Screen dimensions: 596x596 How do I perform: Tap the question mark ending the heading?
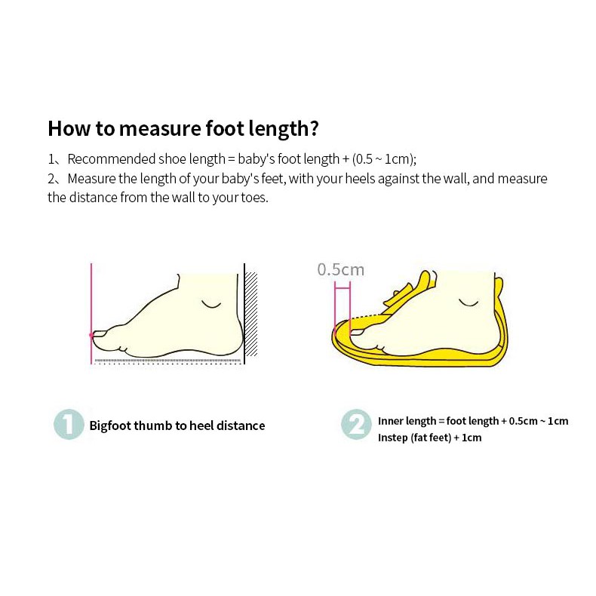coord(314,127)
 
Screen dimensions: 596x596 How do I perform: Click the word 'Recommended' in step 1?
coord(112,159)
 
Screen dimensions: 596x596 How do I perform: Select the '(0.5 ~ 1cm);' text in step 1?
coord(384,159)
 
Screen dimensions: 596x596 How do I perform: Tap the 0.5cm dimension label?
coord(340,269)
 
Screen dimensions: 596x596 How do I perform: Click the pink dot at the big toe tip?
coord(91,335)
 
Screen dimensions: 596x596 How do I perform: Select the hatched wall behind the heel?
coord(251,314)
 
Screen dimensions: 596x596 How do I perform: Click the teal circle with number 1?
coord(69,425)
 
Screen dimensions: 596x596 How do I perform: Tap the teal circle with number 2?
coord(356,425)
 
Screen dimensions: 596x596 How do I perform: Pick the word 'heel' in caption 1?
coord(201,425)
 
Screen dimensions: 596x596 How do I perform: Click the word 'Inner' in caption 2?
coord(388,421)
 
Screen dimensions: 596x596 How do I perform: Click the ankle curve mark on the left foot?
coord(211,305)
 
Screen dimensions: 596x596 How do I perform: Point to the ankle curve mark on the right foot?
coord(469,303)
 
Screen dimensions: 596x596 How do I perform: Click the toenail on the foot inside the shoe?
coord(357,333)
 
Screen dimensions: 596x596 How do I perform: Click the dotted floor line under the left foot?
coord(167,361)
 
